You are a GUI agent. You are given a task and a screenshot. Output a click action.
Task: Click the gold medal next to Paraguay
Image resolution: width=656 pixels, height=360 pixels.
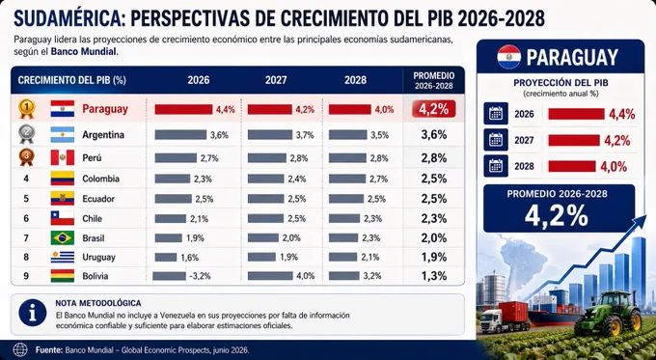(x=27, y=108)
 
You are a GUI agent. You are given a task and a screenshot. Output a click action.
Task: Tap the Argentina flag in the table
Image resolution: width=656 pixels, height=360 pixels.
(x=63, y=135)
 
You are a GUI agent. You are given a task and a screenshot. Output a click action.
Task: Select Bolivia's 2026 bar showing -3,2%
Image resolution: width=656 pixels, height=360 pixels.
(x=169, y=276)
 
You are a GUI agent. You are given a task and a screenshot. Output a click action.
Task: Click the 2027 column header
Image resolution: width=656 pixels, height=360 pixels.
(x=276, y=80)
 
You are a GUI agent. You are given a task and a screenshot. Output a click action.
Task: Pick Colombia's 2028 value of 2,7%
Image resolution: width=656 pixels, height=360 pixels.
(x=379, y=179)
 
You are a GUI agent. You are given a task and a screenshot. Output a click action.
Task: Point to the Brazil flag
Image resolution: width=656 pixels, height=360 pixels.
(x=63, y=237)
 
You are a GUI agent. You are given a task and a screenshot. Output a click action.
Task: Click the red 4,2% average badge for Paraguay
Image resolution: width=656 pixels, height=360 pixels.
(x=433, y=109)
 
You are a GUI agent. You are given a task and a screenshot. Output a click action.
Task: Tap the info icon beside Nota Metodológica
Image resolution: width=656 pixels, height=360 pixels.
(x=33, y=313)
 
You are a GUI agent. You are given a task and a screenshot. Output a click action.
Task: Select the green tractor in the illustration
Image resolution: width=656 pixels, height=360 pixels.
(x=609, y=314)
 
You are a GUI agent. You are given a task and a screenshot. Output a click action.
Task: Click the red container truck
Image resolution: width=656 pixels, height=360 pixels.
(x=504, y=318)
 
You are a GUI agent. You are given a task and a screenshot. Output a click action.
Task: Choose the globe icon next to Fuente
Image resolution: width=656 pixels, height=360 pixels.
(x=20, y=349)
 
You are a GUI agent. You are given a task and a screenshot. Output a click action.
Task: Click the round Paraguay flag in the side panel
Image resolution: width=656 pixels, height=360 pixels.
(x=508, y=57)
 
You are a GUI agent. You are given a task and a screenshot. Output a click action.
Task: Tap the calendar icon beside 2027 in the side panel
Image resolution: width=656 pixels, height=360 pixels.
(x=496, y=140)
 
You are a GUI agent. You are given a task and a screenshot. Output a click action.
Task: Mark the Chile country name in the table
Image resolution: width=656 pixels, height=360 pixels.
(x=92, y=218)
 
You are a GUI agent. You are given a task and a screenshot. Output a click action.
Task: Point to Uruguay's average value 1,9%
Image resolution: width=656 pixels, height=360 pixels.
(x=434, y=257)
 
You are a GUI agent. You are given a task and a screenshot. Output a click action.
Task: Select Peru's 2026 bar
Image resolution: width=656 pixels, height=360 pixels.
(x=176, y=158)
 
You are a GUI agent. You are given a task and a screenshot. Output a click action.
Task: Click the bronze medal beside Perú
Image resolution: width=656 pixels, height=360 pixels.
(x=27, y=157)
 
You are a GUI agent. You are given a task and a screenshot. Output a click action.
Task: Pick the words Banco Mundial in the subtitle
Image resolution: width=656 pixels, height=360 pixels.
(x=84, y=53)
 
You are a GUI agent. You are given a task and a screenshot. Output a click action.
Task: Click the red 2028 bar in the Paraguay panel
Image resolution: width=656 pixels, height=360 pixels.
(x=571, y=166)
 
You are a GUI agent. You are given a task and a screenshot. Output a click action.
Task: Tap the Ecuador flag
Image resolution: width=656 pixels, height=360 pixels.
(x=63, y=198)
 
